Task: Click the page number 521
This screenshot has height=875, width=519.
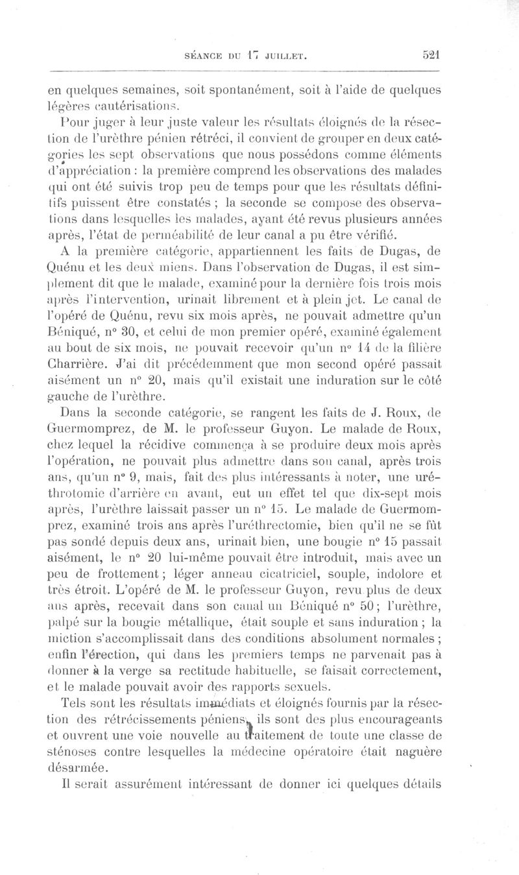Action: pyautogui.click(x=429, y=56)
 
